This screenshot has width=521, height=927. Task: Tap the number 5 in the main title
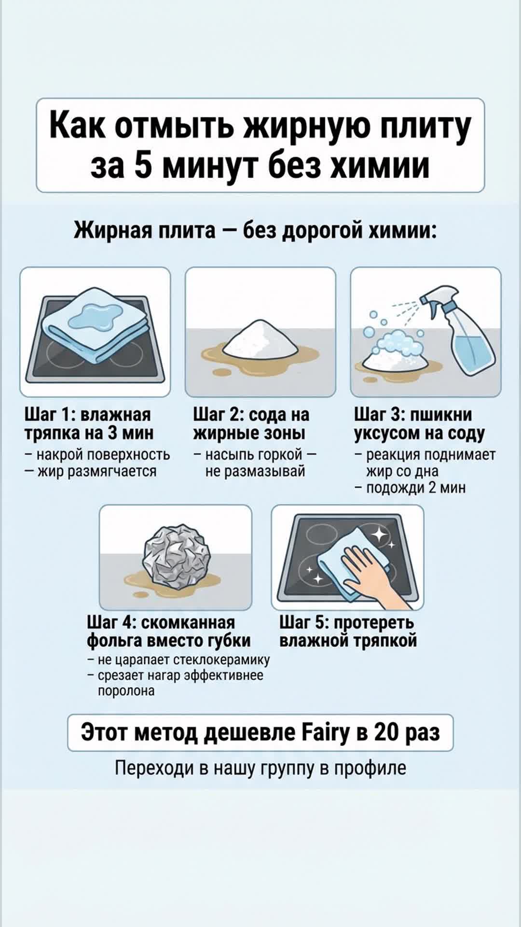click(x=144, y=165)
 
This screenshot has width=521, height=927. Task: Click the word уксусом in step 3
click(x=387, y=434)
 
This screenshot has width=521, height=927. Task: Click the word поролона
click(x=126, y=691)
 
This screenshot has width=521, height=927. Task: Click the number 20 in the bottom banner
click(x=386, y=732)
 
